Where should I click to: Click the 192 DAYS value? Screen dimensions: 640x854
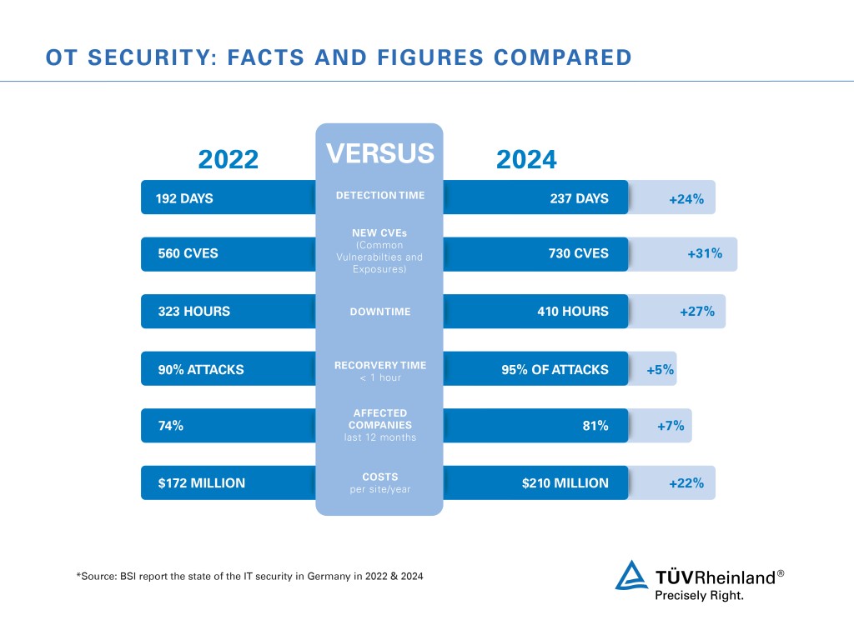(184, 199)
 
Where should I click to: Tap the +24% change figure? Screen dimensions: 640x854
(686, 199)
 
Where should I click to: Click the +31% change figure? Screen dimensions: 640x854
(705, 254)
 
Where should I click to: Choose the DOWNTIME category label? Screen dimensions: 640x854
(379, 312)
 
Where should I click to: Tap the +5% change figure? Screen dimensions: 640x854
(661, 369)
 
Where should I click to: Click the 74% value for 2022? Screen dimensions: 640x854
(170, 426)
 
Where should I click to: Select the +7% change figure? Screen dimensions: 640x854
(671, 426)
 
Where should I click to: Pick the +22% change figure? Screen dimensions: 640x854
(686, 483)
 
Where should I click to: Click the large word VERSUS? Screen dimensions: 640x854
(379, 153)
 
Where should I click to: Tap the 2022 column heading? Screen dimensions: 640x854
(228, 159)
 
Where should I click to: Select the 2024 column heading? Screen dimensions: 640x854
(526, 159)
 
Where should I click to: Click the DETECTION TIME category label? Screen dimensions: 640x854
(379, 196)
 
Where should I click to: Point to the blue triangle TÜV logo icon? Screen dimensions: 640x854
(631, 576)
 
